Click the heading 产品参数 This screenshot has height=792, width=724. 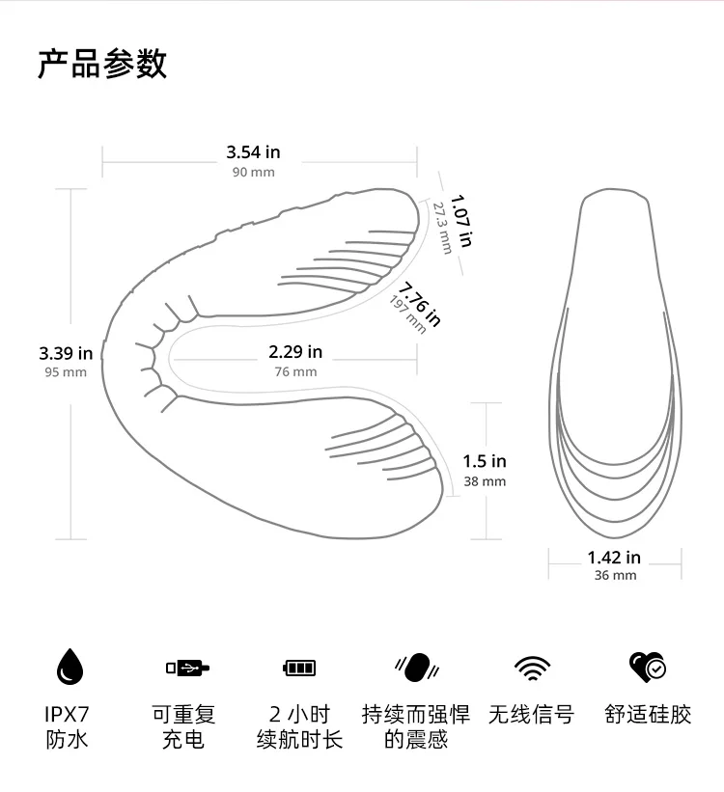tap(102, 63)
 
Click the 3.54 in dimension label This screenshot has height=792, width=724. tap(253, 151)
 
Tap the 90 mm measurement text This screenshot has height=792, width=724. tap(253, 172)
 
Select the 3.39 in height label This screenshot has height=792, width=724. tap(66, 353)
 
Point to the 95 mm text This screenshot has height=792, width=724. tap(66, 372)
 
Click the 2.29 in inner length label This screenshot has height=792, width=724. tap(295, 352)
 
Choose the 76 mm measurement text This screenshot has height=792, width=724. tap(295, 371)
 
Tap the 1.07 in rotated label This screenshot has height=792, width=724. tap(461, 222)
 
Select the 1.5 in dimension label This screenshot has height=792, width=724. tap(485, 461)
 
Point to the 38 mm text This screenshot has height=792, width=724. tap(485, 481)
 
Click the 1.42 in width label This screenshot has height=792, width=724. tap(614, 557)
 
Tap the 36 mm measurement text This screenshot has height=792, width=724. tap(615, 576)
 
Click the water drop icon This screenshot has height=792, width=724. tap(70, 667)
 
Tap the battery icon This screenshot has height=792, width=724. tap(299, 668)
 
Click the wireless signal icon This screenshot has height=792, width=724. tap(532, 667)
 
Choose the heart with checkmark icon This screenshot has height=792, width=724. tap(647, 666)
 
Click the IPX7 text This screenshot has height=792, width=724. tap(67, 715)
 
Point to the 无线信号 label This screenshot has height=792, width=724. tap(531, 715)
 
